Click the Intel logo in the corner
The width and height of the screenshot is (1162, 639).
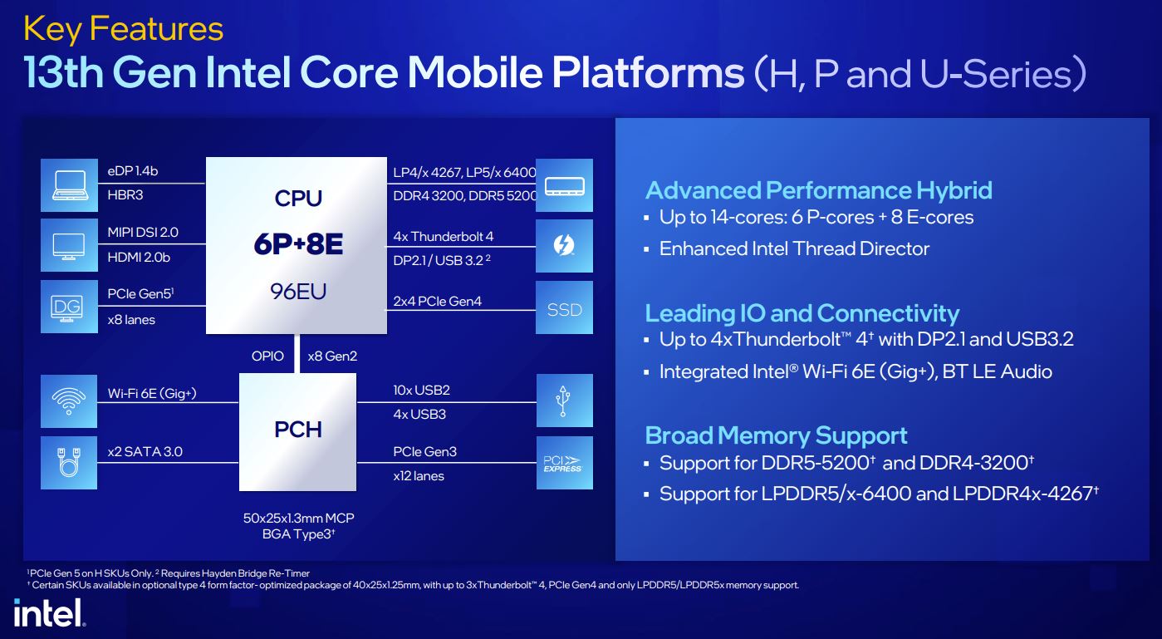[49, 612]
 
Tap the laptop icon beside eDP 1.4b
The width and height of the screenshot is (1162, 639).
[70, 185]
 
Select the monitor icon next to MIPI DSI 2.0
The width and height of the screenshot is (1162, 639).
[70, 245]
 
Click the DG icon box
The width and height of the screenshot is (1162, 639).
[70, 307]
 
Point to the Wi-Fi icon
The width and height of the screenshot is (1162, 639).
[69, 401]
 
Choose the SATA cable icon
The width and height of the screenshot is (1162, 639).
[69, 463]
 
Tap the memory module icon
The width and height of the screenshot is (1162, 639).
[565, 185]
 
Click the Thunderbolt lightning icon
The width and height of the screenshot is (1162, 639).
[565, 245]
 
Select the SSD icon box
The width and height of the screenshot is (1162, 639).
[565, 307]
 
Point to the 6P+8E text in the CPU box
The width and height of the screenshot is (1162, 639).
[298, 244]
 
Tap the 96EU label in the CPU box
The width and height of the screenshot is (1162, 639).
[298, 292]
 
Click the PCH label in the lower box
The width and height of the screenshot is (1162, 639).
[297, 430]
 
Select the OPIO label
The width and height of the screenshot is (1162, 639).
[267, 356]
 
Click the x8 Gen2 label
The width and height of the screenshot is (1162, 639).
[332, 356]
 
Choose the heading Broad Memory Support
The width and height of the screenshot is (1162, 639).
[776, 435]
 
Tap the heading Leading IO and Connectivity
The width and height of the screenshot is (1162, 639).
[802, 313]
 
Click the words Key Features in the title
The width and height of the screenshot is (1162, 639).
[124, 29]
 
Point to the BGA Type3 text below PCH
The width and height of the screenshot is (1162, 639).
[298, 534]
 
